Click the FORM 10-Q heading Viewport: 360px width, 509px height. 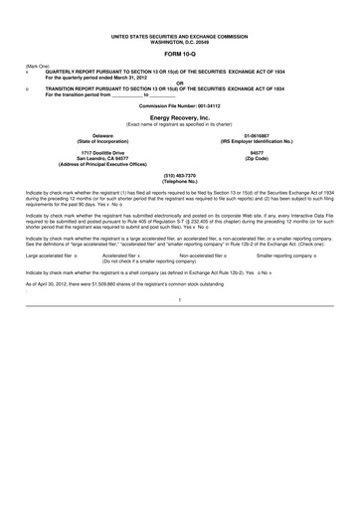(179, 54)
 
